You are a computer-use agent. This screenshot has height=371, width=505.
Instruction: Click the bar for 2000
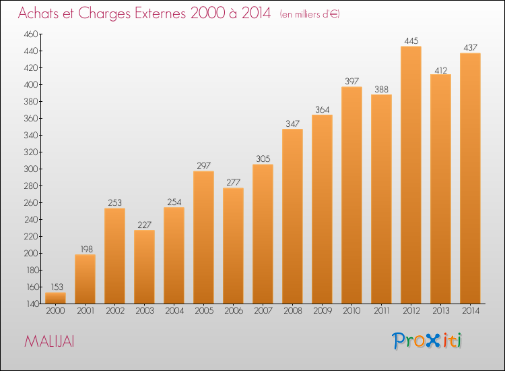point(55,298)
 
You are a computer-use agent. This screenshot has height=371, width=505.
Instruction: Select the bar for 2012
point(411,175)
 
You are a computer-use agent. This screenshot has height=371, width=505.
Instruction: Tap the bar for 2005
point(203,237)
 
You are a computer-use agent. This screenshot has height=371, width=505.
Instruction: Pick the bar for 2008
point(292,217)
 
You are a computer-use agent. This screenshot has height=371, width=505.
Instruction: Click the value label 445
point(411,40)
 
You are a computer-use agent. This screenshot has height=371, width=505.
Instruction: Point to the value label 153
point(57,287)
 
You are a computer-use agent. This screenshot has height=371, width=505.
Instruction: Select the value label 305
point(263,159)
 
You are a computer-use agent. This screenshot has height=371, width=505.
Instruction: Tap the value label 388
point(381,89)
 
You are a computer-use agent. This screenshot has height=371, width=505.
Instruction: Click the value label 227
point(144,225)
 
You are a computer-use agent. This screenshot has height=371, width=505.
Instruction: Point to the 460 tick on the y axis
point(31,34)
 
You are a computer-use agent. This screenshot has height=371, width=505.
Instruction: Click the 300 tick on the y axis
point(31,169)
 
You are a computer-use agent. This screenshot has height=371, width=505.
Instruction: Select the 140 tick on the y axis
point(32,304)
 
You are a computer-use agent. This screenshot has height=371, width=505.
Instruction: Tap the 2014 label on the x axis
point(471,311)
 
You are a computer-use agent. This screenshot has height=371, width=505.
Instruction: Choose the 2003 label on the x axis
point(145,311)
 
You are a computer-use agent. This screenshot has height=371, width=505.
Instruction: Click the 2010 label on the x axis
point(351,311)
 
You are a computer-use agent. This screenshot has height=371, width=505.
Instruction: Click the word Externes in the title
point(160,13)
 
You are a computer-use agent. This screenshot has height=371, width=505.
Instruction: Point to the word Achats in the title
point(38,13)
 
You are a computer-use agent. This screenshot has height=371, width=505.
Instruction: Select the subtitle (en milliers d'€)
point(310,14)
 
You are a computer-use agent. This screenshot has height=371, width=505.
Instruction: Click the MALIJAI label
point(49,341)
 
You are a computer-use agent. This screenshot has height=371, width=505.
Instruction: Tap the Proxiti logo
point(427,341)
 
